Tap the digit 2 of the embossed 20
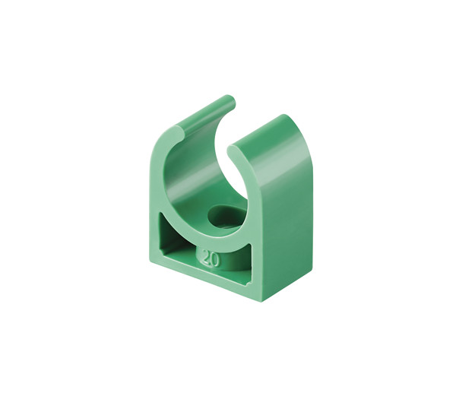click(207, 256)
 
